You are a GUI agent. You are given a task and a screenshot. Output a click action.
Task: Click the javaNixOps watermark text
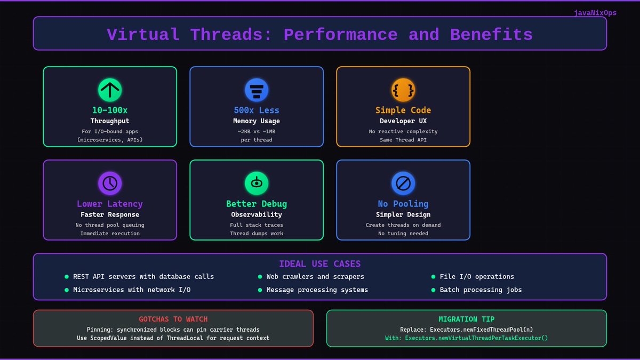595,13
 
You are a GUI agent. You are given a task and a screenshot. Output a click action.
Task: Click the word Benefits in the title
491,35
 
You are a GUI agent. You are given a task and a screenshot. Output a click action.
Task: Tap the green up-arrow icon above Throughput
110,90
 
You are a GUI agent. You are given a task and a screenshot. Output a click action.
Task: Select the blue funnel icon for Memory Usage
257,90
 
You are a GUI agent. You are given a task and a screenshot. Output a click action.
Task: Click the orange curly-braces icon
403,90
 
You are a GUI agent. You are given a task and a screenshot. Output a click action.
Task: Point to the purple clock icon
110,183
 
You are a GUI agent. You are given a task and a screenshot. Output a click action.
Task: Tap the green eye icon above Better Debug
257,183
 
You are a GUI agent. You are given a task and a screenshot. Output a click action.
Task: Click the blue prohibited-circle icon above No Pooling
403,183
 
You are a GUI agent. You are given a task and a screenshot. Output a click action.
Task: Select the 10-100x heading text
110,110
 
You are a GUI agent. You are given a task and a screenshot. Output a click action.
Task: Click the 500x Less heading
257,110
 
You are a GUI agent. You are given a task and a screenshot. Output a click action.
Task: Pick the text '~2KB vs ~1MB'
257,131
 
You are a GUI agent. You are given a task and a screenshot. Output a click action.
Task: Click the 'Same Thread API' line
403,140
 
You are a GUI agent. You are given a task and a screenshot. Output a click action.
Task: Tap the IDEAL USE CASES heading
320,264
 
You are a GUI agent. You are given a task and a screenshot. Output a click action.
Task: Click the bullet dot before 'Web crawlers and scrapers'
260,277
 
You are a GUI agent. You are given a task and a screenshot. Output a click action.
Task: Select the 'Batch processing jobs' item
481,290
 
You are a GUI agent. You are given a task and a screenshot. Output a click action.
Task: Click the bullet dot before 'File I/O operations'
434,277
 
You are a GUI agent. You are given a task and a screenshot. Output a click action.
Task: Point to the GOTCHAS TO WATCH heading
173,319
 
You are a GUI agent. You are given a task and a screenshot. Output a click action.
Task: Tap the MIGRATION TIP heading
467,319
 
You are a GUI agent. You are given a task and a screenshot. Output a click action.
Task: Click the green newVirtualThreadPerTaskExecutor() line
467,338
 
